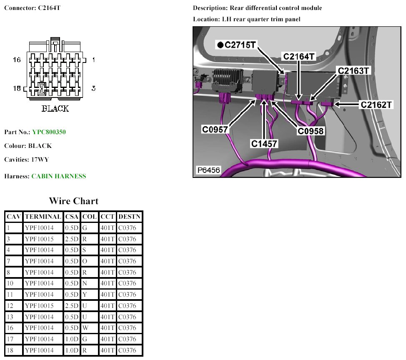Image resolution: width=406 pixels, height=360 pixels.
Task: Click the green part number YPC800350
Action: (x=49, y=132)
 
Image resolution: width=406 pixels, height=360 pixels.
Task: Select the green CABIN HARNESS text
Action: (x=59, y=176)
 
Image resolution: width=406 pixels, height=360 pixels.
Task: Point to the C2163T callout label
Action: (x=354, y=70)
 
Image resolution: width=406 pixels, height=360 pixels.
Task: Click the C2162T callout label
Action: (x=376, y=104)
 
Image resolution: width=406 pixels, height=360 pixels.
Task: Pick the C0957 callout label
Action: (x=215, y=130)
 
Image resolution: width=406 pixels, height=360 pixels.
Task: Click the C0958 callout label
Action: (x=311, y=131)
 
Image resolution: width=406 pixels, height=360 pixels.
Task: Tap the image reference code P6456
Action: (x=208, y=170)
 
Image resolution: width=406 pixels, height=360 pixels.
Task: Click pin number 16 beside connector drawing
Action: (x=17, y=60)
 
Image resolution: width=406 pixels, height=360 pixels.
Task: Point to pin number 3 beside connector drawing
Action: (x=93, y=88)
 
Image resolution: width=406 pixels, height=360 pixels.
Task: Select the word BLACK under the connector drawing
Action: (x=55, y=109)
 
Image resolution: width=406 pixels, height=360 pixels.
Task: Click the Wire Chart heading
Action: (x=73, y=201)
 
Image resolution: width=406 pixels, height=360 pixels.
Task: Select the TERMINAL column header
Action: (x=43, y=217)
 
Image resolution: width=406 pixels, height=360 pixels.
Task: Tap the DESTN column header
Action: (x=129, y=217)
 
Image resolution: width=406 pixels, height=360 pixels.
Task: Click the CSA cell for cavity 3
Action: (x=72, y=239)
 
